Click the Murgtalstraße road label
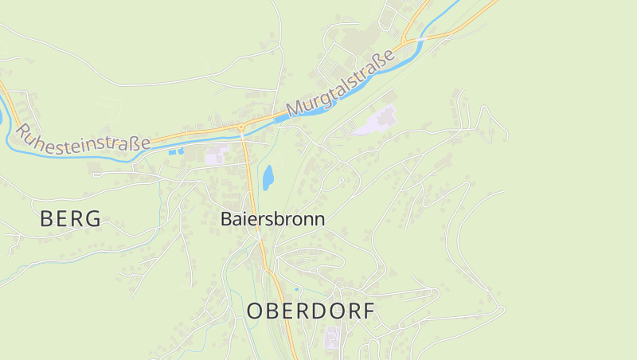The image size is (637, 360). tap(341, 84)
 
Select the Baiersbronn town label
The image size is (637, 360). tap(273, 219)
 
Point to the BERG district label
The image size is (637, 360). tap(70, 219)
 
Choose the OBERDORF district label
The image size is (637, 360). tap(311, 311)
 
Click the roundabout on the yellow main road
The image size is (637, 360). tap(240, 127)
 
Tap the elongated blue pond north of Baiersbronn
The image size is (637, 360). tap(268, 177)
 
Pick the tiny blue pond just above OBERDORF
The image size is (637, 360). tap(298, 289)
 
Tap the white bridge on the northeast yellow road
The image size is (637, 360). tap(416, 37)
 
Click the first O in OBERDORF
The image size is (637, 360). tap(255, 311)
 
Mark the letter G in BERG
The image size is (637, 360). tap(92, 219)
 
